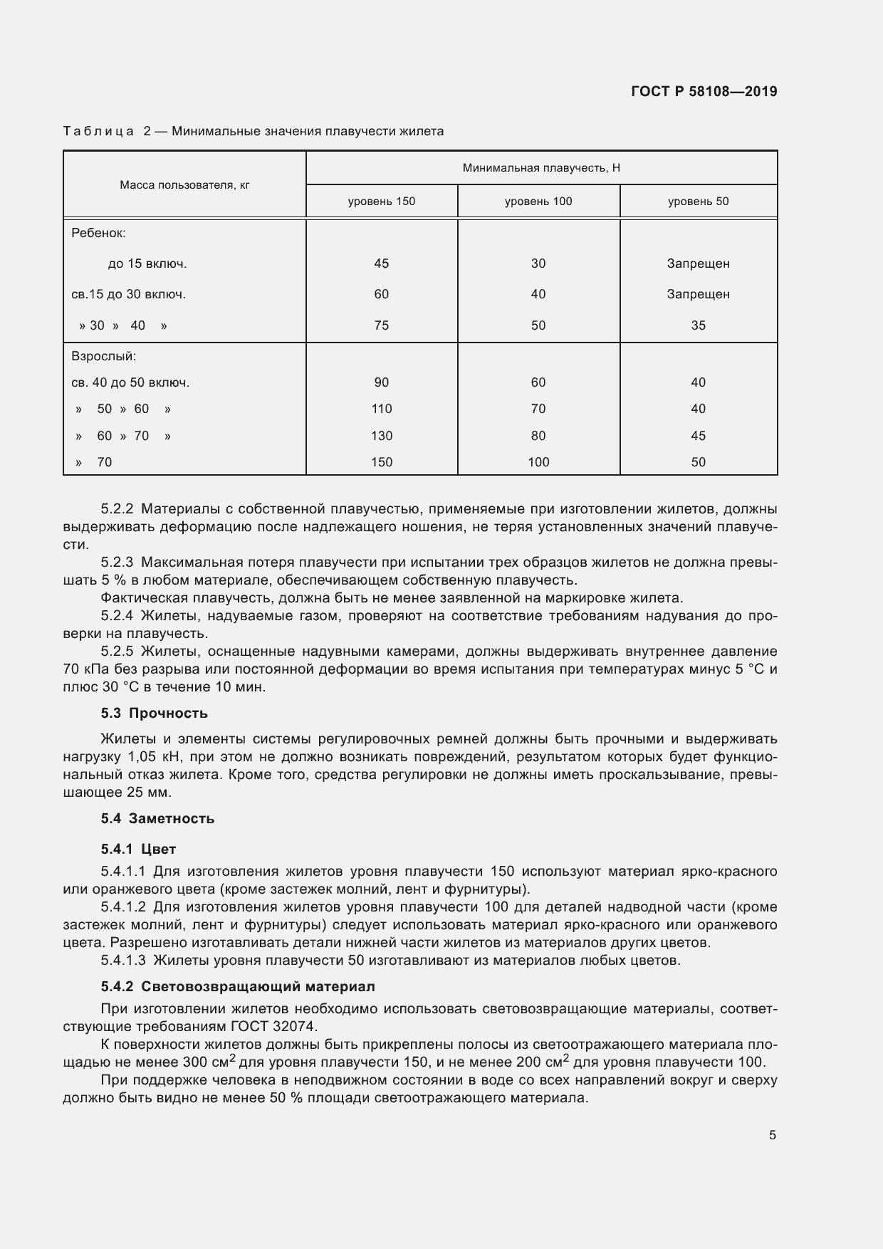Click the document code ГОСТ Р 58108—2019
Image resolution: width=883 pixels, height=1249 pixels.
[704, 92]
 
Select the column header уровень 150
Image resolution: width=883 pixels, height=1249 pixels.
[381, 202]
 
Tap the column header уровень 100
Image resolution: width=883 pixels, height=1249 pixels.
[538, 202]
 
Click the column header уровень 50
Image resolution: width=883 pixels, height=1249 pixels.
[698, 202]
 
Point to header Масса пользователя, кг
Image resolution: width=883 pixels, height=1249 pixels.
[184, 185]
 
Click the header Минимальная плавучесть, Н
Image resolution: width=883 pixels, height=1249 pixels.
[541, 168]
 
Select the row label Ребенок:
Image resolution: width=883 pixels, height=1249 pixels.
[98, 233]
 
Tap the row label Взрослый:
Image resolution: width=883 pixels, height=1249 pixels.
[103, 356]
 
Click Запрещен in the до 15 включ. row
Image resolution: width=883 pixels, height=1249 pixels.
[698, 263]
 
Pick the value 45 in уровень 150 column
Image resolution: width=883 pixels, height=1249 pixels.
[381, 263]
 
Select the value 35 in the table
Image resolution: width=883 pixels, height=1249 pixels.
[698, 325]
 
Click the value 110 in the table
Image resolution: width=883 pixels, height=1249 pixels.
[381, 409]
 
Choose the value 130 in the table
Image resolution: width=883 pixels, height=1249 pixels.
[381, 436]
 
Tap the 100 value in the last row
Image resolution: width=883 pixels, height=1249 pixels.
[538, 462]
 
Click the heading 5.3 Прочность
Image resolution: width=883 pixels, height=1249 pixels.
[154, 714]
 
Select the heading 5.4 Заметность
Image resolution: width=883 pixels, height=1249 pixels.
[157, 819]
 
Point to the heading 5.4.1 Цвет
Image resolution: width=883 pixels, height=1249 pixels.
[138, 850]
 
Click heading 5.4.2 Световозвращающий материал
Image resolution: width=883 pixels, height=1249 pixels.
[237, 987]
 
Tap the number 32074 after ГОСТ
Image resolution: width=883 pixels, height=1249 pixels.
[294, 1026]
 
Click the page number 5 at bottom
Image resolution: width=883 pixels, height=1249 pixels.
[772, 1135]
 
